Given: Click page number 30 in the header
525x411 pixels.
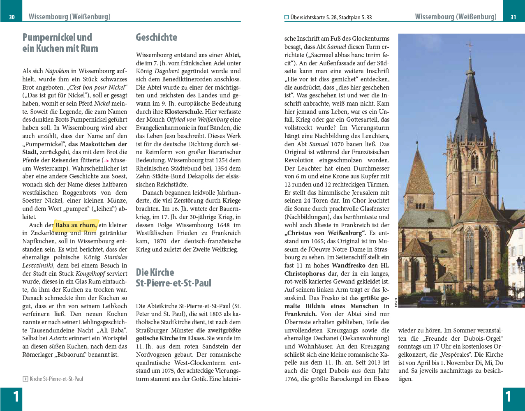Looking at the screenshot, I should (x=12, y=17).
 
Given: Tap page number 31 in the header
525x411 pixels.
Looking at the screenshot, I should (x=513, y=17).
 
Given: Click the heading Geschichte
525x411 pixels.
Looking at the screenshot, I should (x=156, y=37).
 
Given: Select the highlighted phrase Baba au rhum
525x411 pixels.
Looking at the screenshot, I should (x=76, y=225).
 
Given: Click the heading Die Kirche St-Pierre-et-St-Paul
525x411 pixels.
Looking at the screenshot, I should (x=173, y=278).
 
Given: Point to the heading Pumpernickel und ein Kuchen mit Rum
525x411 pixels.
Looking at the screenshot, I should (x=60, y=43).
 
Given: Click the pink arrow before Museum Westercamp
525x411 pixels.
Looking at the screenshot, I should (x=106, y=161).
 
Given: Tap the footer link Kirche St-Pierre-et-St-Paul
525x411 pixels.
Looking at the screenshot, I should (x=56, y=379).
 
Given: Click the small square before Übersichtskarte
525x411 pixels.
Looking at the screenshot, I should (x=287, y=17).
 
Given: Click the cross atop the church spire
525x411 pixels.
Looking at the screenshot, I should (x=469, y=45).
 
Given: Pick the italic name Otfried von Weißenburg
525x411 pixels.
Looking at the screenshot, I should (x=197, y=120).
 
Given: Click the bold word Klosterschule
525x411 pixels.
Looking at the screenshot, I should (x=184, y=112).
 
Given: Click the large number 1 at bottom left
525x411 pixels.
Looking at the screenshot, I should (x=16, y=397).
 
